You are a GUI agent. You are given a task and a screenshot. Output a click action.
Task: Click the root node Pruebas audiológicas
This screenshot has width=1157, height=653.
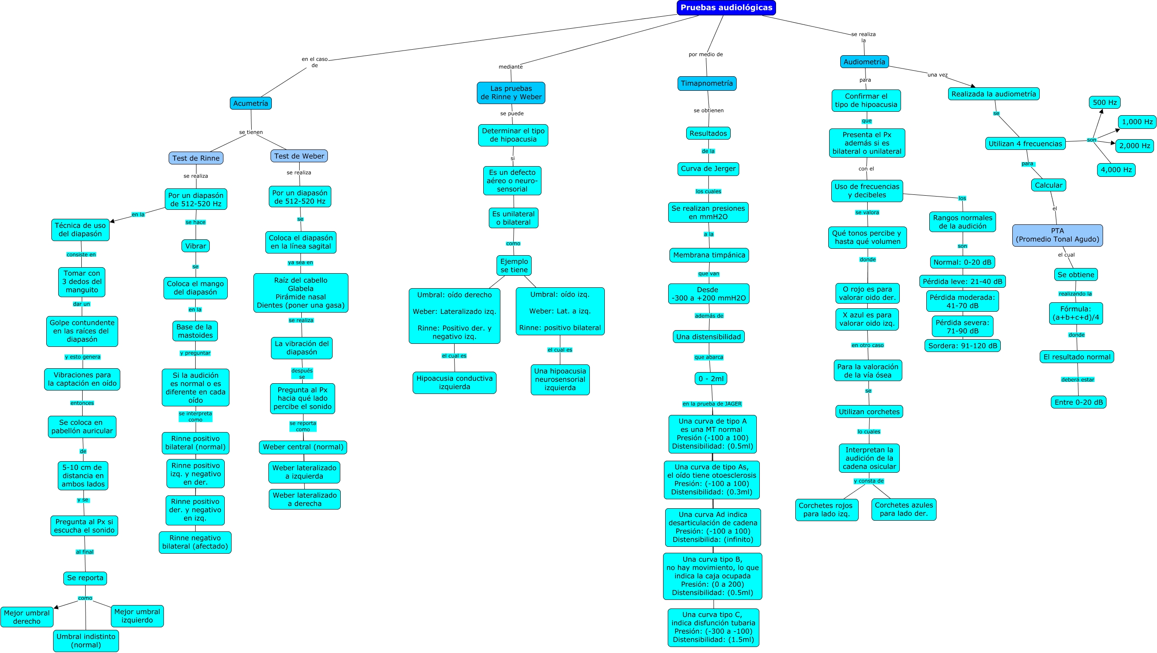[726, 8]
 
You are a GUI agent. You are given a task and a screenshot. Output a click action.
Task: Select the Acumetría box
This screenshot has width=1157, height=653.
[251, 103]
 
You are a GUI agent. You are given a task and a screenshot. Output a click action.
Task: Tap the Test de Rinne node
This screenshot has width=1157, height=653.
[196, 158]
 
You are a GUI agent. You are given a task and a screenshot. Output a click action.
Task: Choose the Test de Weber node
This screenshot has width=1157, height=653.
[299, 156]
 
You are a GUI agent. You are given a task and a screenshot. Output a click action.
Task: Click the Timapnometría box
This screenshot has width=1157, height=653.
[707, 83]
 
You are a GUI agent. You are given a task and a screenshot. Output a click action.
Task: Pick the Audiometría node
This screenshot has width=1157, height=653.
[864, 62]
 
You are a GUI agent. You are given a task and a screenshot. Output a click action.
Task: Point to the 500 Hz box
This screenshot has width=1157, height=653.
[1104, 102]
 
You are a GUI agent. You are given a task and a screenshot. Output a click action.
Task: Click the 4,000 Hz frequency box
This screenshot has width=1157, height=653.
[1116, 170]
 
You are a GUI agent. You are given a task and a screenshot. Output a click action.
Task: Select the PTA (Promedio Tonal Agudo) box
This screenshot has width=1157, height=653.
[1057, 235]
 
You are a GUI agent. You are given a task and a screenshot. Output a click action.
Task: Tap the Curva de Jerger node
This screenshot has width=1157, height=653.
[708, 169]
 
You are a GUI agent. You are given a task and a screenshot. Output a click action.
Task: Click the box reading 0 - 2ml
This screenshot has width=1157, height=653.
[711, 379]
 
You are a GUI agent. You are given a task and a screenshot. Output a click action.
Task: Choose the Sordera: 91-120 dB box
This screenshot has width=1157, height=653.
[963, 346]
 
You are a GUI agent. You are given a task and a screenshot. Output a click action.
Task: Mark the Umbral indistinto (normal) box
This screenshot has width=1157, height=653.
[86, 641]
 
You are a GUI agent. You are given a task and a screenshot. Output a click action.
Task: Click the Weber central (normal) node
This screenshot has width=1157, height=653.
[303, 447]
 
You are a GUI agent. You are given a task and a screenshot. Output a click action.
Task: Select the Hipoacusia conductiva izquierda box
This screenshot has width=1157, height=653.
[455, 382]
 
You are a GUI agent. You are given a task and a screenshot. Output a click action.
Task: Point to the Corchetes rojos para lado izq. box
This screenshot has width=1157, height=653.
[827, 510]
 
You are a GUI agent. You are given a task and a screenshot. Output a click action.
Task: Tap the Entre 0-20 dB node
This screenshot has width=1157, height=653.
[1078, 402]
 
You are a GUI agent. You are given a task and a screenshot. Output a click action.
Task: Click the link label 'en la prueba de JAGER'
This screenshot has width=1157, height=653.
[712, 403]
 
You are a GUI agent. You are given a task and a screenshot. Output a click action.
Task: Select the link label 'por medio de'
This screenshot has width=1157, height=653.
[705, 54]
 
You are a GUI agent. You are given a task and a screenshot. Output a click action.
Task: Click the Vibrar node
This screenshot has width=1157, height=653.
[196, 246]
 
